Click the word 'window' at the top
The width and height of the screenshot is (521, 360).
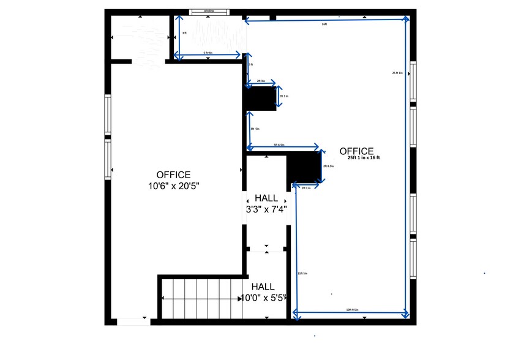[210, 11]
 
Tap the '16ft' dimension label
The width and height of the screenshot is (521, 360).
[324, 25]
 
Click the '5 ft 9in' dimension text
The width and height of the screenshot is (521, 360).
[208, 53]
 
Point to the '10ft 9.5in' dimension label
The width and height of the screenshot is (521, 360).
[352, 310]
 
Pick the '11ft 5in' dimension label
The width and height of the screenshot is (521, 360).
[302, 273]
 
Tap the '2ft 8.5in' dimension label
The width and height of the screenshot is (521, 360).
[328, 167]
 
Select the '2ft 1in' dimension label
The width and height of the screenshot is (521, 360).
[306, 188]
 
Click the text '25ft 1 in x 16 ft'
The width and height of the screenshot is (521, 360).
[364, 159]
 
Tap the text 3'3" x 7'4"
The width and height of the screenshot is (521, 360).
[266, 209]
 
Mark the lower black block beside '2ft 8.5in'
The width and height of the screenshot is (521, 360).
[304, 167]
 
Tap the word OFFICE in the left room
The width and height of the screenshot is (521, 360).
[173, 174]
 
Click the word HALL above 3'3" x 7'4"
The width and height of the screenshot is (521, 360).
[266, 199]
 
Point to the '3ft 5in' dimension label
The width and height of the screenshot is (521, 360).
[255, 129]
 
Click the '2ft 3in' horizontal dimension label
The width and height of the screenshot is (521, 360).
[261, 81]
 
